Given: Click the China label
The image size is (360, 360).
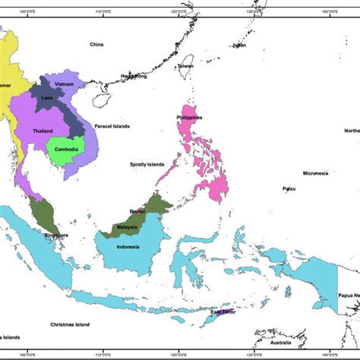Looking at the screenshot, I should [x=96, y=45].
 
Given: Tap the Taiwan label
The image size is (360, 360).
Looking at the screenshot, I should [x=185, y=66].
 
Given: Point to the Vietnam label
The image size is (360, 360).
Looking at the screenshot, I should [x=63, y=84].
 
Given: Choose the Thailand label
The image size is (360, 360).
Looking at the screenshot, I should [x=43, y=131].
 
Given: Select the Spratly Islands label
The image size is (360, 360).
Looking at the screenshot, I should [x=146, y=164].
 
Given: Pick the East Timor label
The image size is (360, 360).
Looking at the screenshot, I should [x=225, y=312].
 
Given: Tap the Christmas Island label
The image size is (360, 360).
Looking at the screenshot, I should [x=70, y=324].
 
